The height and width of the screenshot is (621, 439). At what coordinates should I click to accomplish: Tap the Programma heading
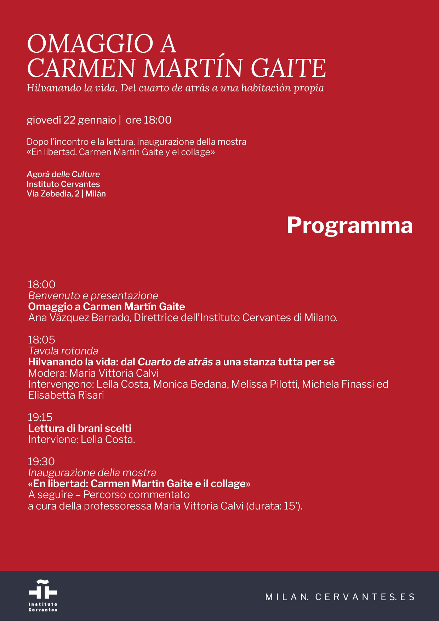(349, 225)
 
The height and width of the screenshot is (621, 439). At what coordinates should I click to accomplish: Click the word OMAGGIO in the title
(90, 44)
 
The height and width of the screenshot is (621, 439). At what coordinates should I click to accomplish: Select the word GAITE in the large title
(289, 68)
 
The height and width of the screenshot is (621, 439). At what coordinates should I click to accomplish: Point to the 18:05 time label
(41, 340)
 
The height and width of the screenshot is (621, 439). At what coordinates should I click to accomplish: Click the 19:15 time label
(40, 417)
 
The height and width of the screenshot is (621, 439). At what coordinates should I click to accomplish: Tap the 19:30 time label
(41, 462)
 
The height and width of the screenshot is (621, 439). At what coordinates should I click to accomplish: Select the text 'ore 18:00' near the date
(149, 120)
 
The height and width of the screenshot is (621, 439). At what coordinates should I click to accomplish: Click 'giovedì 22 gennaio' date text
(71, 120)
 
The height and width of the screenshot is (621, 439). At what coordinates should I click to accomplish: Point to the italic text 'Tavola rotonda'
(63, 351)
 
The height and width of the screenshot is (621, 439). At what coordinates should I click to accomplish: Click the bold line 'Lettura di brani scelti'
(80, 428)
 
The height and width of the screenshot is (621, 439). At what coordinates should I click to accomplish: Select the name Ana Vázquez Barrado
(79, 318)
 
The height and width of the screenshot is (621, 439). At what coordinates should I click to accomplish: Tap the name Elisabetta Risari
(66, 395)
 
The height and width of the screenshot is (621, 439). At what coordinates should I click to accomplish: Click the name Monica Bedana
(190, 384)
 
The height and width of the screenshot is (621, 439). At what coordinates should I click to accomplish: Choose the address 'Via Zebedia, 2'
(53, 194)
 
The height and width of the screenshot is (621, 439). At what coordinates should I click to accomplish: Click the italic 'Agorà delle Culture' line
(63, 174)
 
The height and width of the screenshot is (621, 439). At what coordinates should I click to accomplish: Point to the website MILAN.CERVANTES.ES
(340, 597)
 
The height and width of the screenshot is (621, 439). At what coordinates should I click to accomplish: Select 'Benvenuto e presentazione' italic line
(93, 296)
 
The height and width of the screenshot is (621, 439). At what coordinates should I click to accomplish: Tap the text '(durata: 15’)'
(274, 506)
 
